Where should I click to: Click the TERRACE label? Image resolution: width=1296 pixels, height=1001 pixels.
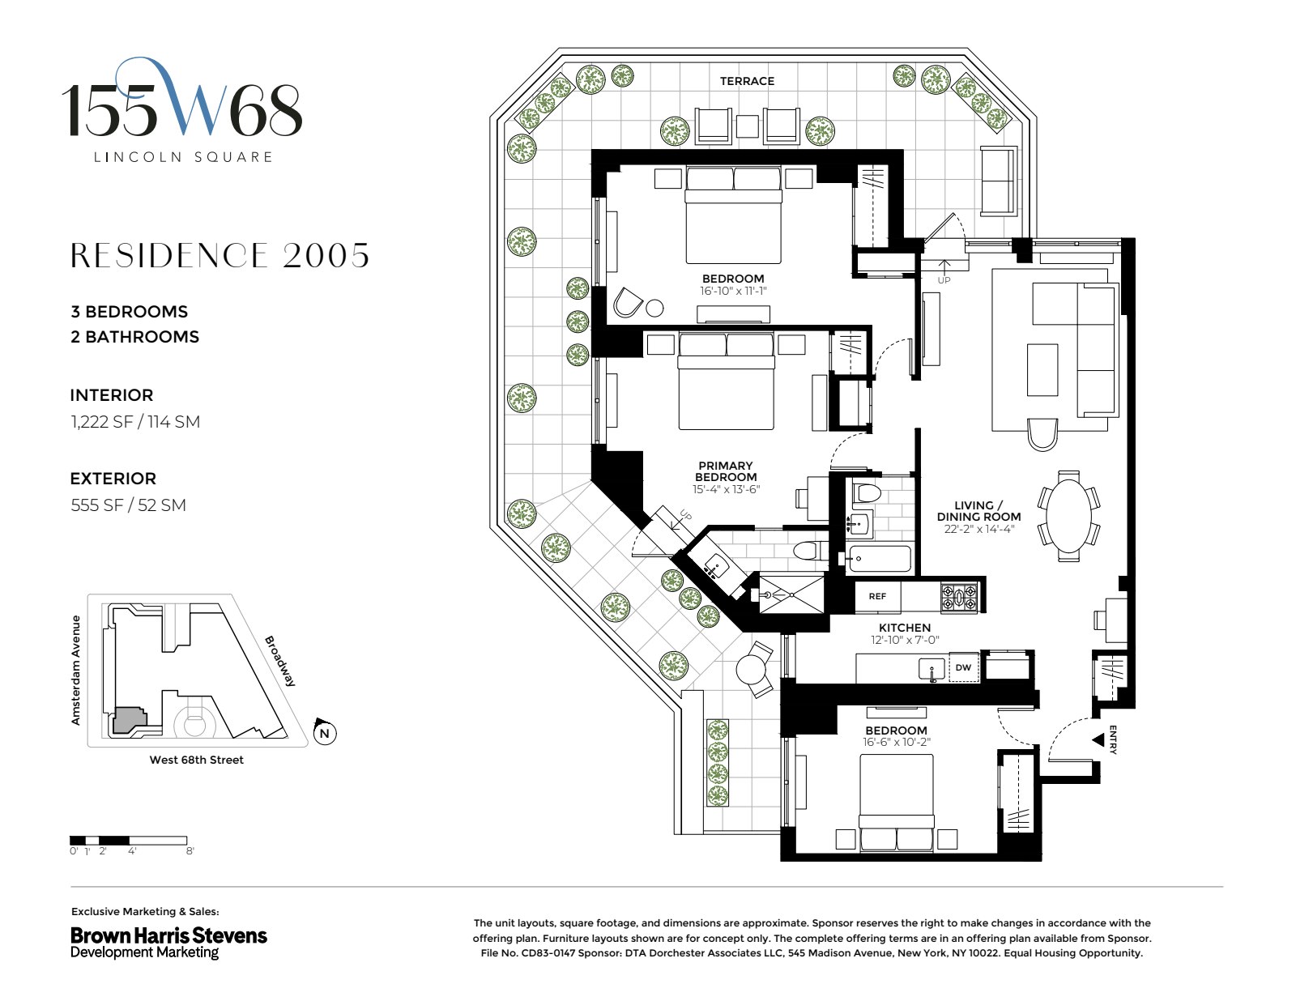pos(747,81)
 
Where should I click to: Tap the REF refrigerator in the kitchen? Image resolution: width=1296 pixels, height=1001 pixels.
pos(877,596)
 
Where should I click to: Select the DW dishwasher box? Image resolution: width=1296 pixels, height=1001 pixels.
pos(963,667)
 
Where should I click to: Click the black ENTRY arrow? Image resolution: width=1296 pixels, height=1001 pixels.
pos(1098,740)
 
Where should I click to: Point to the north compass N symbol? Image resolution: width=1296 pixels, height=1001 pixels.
pos(325,732)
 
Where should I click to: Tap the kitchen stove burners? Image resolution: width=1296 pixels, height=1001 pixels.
pos(958,598)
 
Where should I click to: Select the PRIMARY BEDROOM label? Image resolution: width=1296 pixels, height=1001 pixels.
pos(726,471)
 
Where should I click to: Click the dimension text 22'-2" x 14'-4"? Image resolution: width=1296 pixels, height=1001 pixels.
pos(978,529)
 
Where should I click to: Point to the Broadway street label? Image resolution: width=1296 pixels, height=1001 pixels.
pos(279,661)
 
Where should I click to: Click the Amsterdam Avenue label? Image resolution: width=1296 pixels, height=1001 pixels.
pos(76,670)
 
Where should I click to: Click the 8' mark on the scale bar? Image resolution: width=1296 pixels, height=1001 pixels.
pos(190,850)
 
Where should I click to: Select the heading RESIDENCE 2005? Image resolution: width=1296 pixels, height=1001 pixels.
pos(220,256)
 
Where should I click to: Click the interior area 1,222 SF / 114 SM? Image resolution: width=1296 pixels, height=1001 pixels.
pos(135,421)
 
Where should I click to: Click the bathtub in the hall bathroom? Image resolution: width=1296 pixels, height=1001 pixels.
pos(879,559)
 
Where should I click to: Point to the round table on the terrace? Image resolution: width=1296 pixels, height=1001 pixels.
pos(751,669)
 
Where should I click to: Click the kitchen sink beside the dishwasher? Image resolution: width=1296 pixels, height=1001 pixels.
pos(932,670)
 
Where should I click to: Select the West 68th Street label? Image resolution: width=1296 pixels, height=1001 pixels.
pos(197,760)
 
